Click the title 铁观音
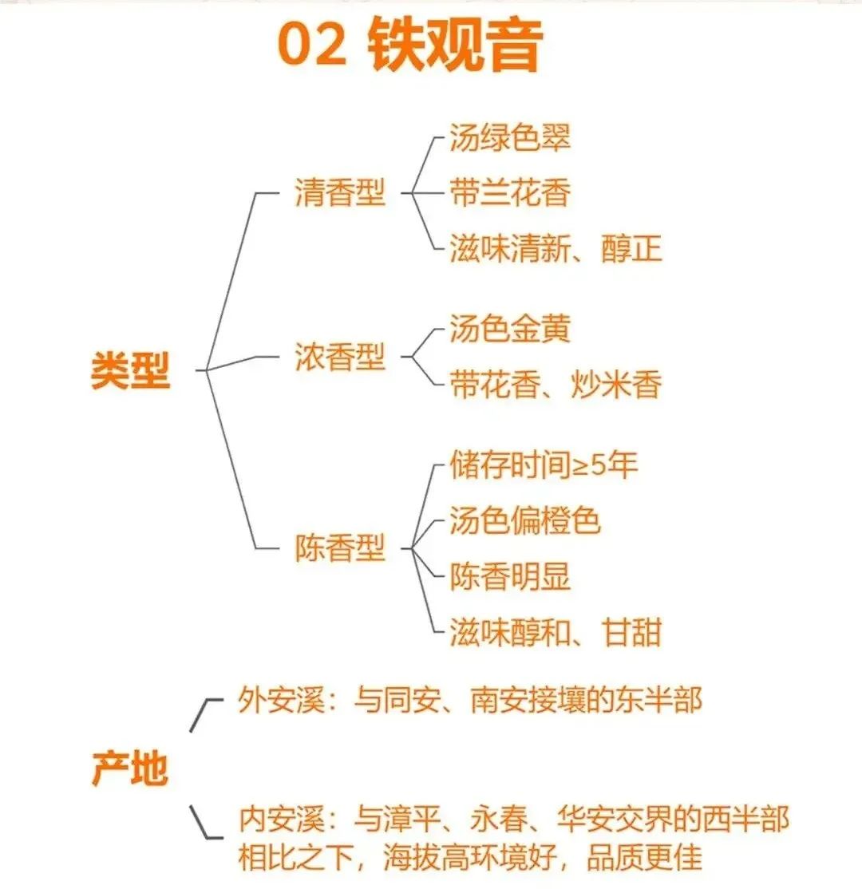[x=456, y=45]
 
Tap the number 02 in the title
[x=312, y=45]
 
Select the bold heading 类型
[x=130, y=370]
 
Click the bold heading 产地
[x=130, y=768]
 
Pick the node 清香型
[x=340, y=192]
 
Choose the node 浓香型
[x=340, y=357]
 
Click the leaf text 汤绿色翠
[x=510, y=137]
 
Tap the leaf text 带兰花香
[x=510, y=192]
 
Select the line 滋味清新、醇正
[x=556, y=247]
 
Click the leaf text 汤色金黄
[x=510, y=329]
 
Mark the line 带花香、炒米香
[x=556, y=385]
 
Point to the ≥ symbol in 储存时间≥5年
[x=580, y=466]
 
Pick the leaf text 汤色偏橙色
[x=525, y=520]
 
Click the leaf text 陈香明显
[x=510, y=576]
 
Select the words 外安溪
[x=281, y=700]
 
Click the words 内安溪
[x=281, y=819]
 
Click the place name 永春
[x=500, y=819]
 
